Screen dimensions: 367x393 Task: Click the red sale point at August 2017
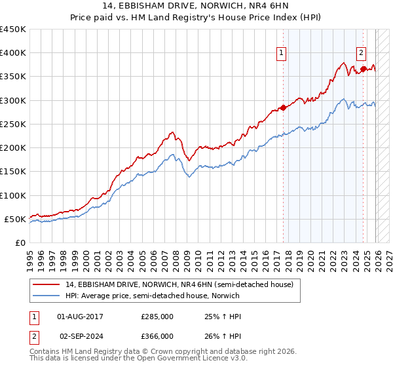[x=283, y=107]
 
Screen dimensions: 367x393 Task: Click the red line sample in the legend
[x=47, y=284]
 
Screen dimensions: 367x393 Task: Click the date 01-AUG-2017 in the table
[x=81, y=317]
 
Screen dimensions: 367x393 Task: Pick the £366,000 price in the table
[x=157, y=336]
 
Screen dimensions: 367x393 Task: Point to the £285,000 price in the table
[x=157, y=317]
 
